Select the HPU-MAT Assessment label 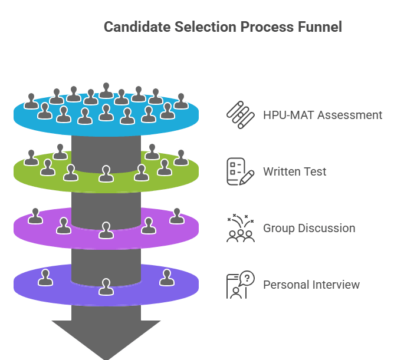(323, 115)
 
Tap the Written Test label (295, 171)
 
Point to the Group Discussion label (309, 228)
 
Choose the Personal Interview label (311, 285)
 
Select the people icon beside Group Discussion (240, 228)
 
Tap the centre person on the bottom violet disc (106, 287)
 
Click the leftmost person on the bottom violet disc (45, 277)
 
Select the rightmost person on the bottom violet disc (166, 277)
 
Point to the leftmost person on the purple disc (35, 216)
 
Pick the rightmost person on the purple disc (177, 216)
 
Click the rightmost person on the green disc (181, 157)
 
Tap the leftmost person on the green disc (31, 157)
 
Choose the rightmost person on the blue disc (181, 101)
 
